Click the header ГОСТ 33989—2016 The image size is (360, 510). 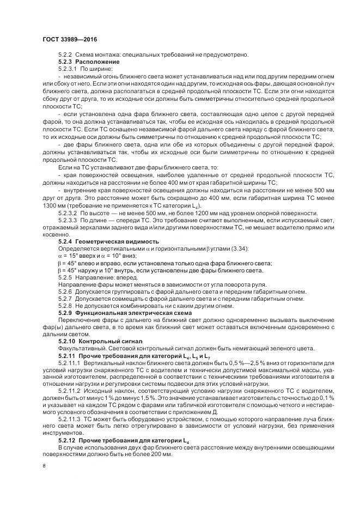pyautogui.click(x=69, y=40)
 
